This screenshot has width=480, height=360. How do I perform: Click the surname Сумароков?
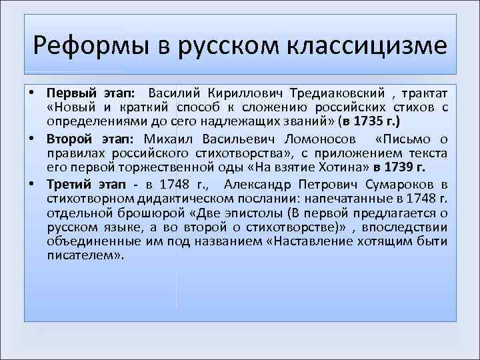pos(406,185)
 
